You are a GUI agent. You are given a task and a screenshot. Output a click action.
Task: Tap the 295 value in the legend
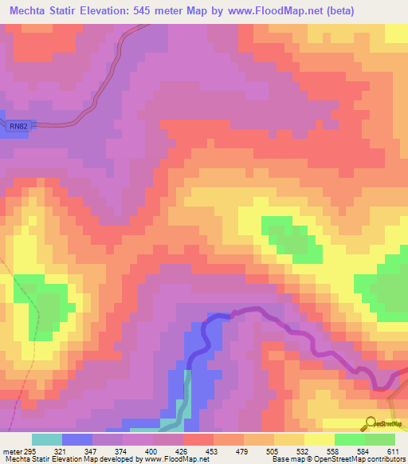click(x=31, y=452)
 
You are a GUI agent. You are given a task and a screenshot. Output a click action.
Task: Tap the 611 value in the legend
click(x=392, y=452)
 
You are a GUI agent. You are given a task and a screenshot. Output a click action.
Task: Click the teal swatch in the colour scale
click(x=47, y=440)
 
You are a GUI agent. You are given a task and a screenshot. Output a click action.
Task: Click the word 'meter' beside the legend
click(x=11, y=452)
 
